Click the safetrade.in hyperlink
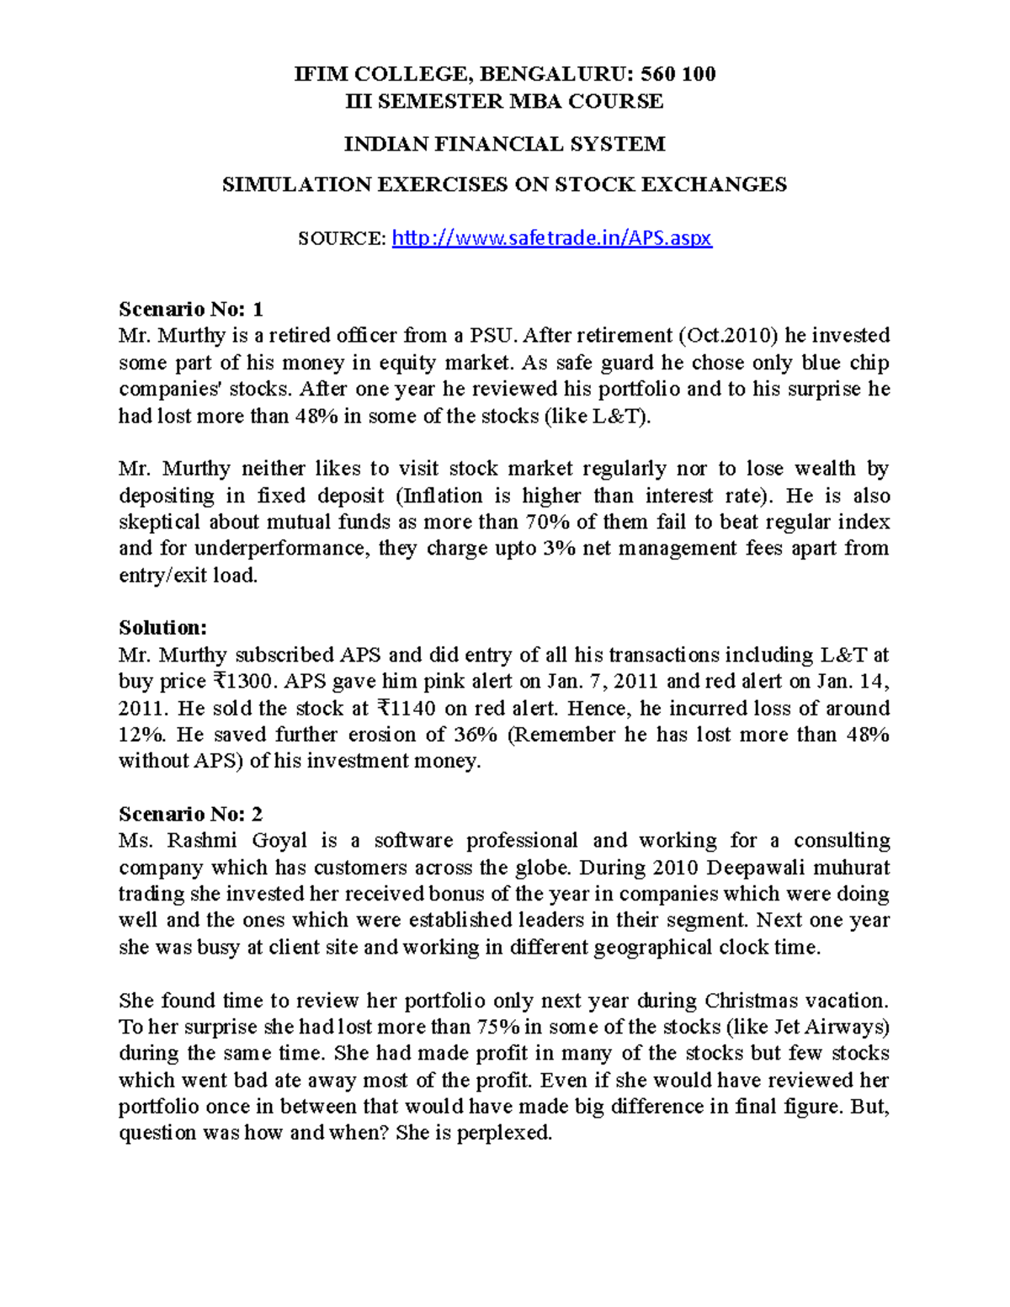click(552, 238)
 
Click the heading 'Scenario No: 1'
click(191, 309)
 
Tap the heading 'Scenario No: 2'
click(191, 814)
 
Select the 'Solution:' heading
click(162, 628)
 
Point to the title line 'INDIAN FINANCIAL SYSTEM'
click(504, 144)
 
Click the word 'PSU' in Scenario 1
click(491, 336)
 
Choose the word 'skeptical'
click(159, 522)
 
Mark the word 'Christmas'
click(751, 1001)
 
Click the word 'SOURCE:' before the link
click(342, 239)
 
